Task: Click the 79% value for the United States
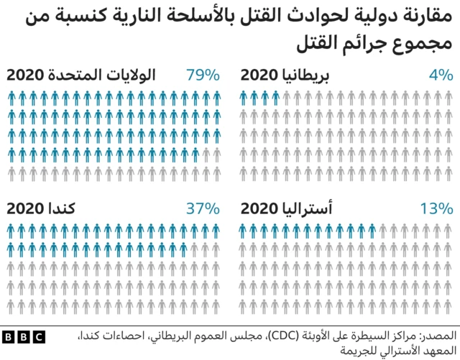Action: (203, 75)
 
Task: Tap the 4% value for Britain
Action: (438, 75)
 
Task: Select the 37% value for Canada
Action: (203, 208)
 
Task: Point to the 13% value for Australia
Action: (436, 208)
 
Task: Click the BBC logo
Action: (24, 336)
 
